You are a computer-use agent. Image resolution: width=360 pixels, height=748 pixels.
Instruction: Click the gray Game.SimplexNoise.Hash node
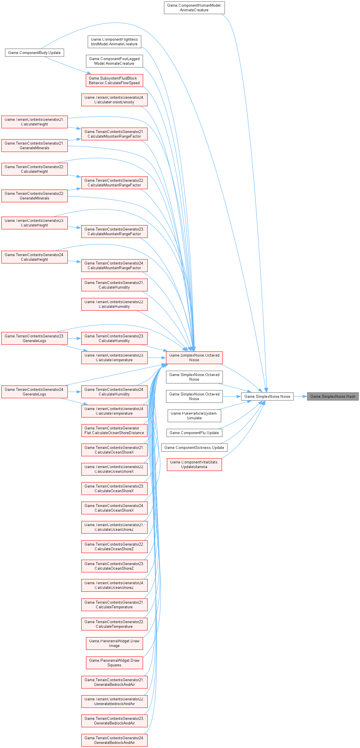click(x=333, y=396)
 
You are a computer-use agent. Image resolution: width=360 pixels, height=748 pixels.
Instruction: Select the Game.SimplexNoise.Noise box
click(x=267, y=396)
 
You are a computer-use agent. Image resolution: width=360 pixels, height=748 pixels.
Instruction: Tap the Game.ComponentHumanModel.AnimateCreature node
click(x=194, y=8)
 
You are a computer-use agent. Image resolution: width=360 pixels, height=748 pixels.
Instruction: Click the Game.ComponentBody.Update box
click(x=34, y=53)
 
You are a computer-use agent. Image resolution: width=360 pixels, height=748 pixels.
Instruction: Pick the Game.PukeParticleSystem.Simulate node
click(x=194, y=416)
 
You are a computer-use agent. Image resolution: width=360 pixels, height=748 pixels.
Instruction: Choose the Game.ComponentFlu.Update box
click(x=194, y=433)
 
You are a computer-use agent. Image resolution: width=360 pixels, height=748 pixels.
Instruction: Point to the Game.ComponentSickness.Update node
click(x=194, y=447)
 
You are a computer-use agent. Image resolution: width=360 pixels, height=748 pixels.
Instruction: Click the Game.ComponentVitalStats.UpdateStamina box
click(x=194, y=464)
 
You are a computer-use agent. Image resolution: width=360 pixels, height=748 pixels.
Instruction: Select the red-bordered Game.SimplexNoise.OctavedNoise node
click(x=194, y=357)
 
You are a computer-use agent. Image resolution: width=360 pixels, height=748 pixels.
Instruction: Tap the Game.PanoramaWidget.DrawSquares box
click(x=114, y=663)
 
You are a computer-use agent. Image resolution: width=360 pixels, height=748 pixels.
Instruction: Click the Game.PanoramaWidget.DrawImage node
click(x=114, y=643)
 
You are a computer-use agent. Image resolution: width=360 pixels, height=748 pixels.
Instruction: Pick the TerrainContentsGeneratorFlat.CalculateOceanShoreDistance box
click(x=114, y=430)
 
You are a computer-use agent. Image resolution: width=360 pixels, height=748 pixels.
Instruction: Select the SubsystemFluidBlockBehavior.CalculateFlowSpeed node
click(x=114, y=80)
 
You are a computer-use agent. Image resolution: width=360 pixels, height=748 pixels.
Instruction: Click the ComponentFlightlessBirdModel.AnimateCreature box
click(x=114, y=42)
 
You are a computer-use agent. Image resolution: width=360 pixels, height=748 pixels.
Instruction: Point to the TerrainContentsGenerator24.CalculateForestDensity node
click(x=114, y=100)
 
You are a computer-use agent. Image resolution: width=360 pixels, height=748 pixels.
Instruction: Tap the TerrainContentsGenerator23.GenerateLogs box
click(x=34, y=338)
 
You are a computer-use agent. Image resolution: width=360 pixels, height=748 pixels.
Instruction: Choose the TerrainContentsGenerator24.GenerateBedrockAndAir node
click(x=114, y=740)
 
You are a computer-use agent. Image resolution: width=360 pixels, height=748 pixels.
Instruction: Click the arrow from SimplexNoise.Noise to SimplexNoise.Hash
click(x=300, y=396)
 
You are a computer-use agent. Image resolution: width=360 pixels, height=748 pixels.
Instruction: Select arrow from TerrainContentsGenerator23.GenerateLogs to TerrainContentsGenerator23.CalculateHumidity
click(x=74, y=338)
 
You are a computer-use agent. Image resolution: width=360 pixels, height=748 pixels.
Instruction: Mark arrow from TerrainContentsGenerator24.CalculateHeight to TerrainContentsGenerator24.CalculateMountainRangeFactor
click(x=74, y=261)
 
